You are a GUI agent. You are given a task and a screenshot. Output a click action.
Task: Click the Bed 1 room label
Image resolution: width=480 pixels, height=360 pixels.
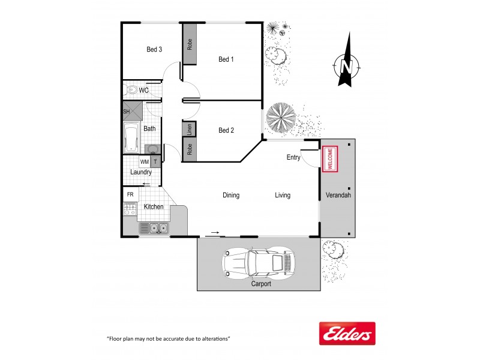(x=226, y=59)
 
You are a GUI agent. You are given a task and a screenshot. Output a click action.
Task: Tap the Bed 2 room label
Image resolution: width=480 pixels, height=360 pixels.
(x=226, y=130)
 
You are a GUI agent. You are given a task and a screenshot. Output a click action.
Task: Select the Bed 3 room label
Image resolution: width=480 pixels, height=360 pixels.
(x=154, y=50)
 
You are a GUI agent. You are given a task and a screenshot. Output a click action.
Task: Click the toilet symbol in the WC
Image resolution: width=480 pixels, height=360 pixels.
(x=131, y=90)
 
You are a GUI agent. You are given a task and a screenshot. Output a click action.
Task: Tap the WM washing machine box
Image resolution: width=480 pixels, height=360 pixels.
(x=145, y=161)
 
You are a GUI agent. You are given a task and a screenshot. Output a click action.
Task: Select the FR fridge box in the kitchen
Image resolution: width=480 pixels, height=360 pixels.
(x=130, y=195)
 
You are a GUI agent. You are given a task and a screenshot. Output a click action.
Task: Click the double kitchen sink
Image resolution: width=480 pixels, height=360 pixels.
(x=154, y=228)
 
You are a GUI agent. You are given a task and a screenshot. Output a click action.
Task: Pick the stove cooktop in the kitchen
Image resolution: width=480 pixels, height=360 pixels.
(x=130, y=209)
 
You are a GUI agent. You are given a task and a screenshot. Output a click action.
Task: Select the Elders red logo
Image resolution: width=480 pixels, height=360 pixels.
(x=346, y=334)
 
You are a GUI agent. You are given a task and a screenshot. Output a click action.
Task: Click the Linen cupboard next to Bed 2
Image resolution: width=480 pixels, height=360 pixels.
(x=189, y=129)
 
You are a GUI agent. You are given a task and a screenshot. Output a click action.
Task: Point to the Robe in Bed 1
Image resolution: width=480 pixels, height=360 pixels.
(x=190, y=44)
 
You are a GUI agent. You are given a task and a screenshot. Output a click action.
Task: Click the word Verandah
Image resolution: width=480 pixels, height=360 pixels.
(x=338, y=196)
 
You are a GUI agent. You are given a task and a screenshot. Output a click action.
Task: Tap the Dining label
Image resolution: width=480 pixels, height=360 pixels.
(x=231, y=195)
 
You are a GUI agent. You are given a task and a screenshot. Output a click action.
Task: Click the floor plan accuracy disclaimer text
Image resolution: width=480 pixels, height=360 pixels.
(x=168, y=339)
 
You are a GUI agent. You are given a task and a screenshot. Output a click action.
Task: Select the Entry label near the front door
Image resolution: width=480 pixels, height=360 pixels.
(x=294, y=157)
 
